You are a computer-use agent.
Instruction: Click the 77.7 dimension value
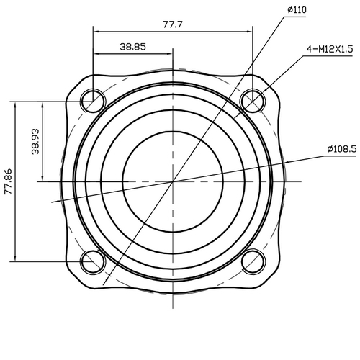173,24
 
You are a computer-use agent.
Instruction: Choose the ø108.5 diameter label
341,148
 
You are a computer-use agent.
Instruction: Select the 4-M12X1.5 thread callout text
328,50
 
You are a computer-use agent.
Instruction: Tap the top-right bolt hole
253,101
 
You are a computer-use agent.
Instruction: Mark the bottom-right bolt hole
253,261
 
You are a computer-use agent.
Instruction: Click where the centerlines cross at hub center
173,181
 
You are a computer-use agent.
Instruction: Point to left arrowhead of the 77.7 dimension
96,31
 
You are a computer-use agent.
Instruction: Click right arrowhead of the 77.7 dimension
250,31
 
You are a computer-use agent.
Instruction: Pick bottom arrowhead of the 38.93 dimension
44,179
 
